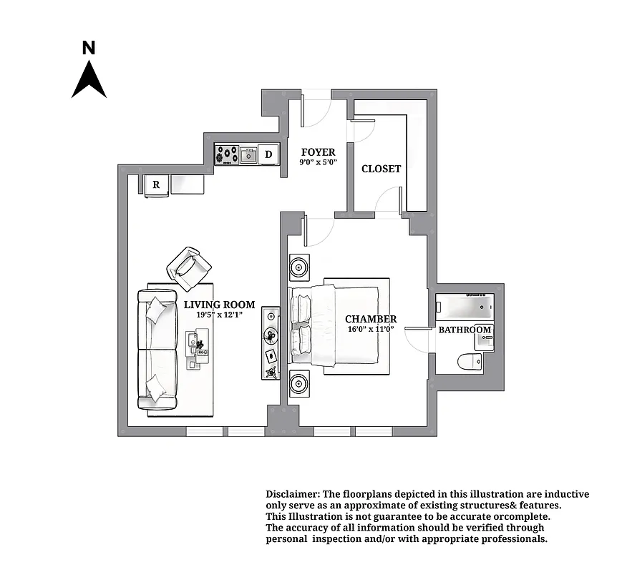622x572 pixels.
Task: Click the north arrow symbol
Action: tap(89, 80)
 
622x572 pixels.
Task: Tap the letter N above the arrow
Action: tap(89, 49)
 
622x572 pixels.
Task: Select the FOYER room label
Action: tap(318, 152)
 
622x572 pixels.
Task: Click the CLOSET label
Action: tap(381, 169)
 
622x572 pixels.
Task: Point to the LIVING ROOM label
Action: tap(219, 305)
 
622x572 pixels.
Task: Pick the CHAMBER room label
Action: tap(370, 319)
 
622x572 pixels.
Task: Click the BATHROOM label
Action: tap(465, 330)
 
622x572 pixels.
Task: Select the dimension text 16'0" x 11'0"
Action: tap(370, 330)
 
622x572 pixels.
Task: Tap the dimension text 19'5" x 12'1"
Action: tap(219, 315)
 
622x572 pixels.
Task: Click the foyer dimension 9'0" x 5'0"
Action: tap(318, 162)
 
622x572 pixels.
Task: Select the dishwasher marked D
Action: tap(268, 154)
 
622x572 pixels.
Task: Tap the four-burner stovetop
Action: tap(228, 154)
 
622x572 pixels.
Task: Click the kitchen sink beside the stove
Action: tap(248, 154)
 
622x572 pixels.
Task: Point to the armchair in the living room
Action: tap(188, 265)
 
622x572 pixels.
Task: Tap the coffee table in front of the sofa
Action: tap(195, 350)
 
